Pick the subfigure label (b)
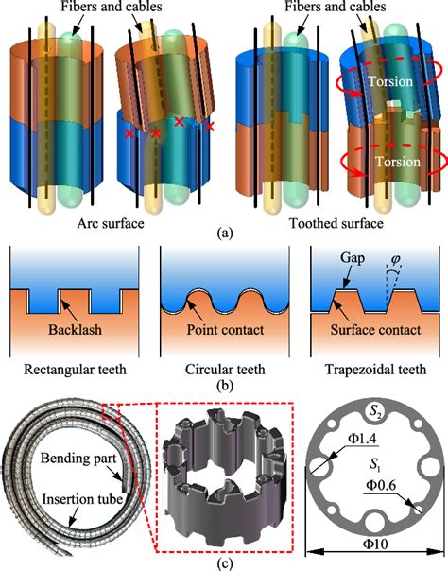(223, 386)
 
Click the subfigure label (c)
(223, 562)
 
